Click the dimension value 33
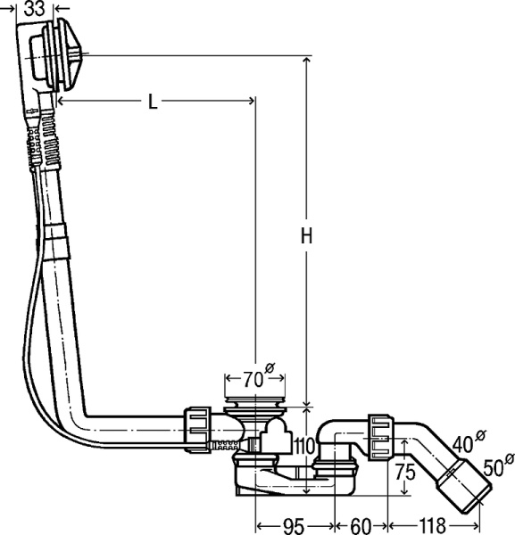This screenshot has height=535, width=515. click(x=35, y=9)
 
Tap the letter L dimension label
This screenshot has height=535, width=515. click(x=153, y=102)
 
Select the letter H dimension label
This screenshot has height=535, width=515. click(x=307, y=235)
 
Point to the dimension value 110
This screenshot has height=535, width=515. click(x=303, y=446)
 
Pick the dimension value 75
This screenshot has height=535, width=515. click(x=405, y=473)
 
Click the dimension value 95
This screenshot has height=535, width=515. click(x=294, y=526)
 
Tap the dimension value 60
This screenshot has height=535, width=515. click(x=361, y=526)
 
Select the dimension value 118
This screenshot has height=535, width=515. click(x=432, y=525)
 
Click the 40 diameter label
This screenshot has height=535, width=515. click(x=468, y=440)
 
